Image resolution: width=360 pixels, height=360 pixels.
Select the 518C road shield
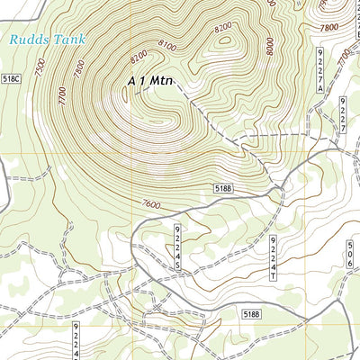coord(11,80)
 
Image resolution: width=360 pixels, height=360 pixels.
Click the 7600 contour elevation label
coord(151,206)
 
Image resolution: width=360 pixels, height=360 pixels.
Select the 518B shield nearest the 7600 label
coord(225,188)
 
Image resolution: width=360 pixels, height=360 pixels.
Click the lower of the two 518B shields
coord(252,313)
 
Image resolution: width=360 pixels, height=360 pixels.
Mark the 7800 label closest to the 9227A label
coord(330,28)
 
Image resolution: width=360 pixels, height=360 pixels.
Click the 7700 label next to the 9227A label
coord(343,58)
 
